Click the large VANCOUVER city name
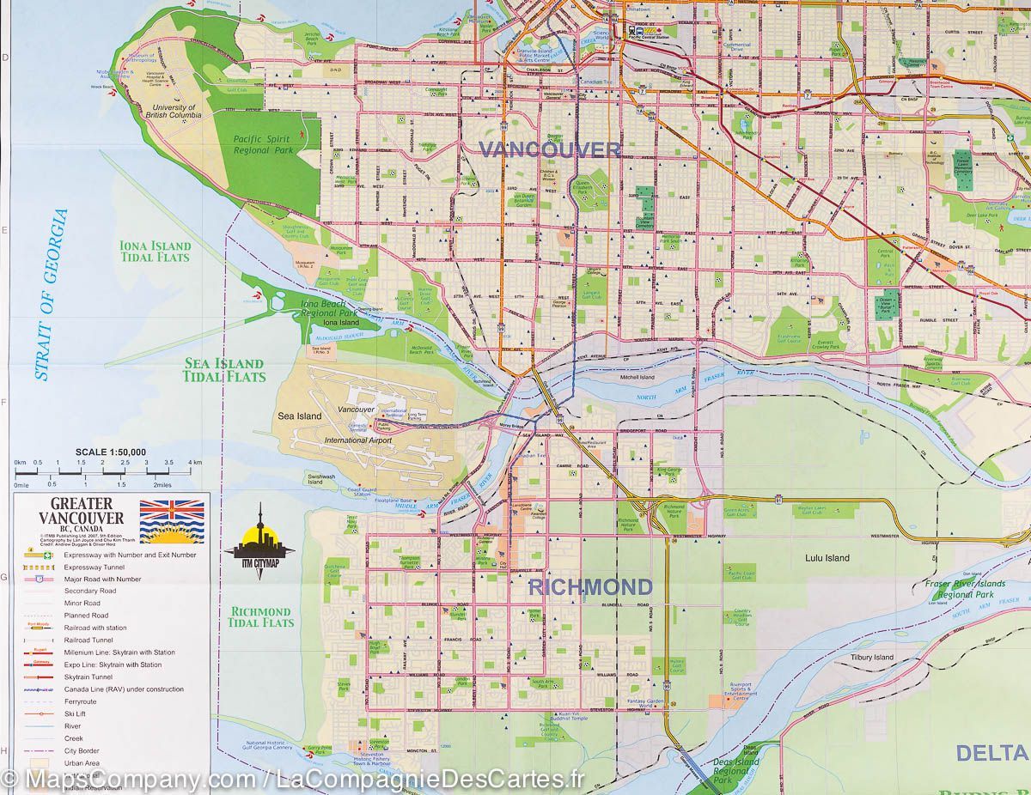point(549,149)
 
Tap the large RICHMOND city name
point(589,587)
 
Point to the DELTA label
point(992,753)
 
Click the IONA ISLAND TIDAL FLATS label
point(156,252)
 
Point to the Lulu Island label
point(827,558)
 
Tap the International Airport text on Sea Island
point(357,440)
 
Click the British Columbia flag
point(172,521)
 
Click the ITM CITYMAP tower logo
point(259,541)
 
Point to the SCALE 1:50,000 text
point(110,452)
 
